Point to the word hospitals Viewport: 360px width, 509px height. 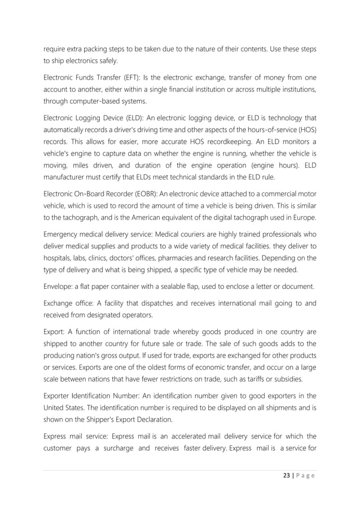click(59, 258)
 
